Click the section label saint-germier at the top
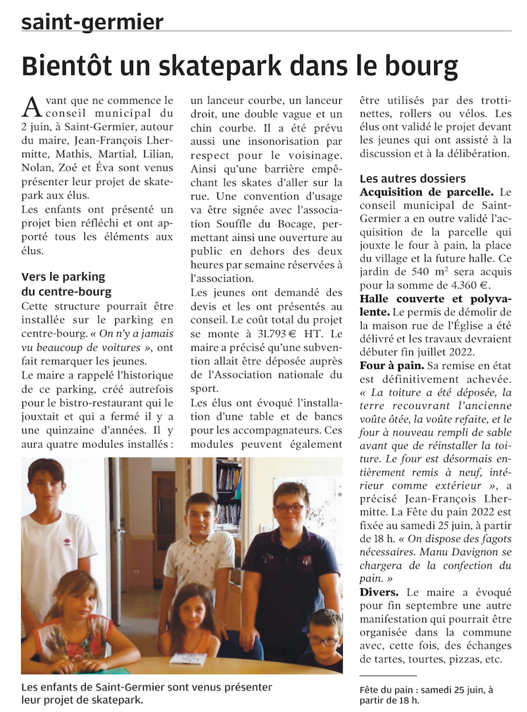[92, 22]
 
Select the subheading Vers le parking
[63, 277]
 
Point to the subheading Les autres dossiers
[413, 178]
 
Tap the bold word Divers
[379, 592]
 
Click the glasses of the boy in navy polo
[289, 508]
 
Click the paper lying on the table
[188, 657]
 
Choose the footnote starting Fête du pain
[427, 694]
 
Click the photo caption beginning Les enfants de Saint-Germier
[146, 693]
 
